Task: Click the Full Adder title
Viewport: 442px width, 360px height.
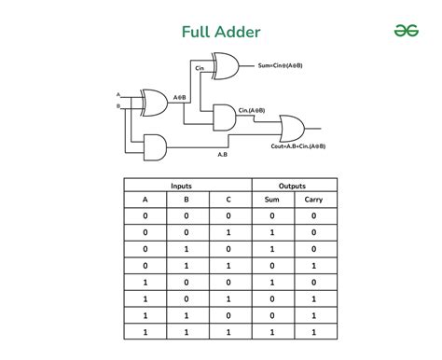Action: pos(220,32)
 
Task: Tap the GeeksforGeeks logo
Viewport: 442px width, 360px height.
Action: pos(404,30)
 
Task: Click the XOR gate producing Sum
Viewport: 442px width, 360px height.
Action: pos(226,65)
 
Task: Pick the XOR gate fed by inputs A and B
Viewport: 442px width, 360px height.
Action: pos(154,102)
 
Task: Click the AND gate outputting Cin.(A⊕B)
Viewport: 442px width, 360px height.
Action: pos(226,117)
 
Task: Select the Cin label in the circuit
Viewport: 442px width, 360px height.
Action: pos(199,68)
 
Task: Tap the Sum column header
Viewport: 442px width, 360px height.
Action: pos(270,200)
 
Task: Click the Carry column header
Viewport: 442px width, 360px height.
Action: pos(312,200)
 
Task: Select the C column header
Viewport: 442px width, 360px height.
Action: pos(229,200)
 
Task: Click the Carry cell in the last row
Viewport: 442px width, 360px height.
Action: pos(312,333)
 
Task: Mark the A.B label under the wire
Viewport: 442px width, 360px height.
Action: pos(225,154)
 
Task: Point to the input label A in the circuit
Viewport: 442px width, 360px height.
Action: pos(118,95)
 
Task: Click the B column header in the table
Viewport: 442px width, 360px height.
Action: pos(187,200)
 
